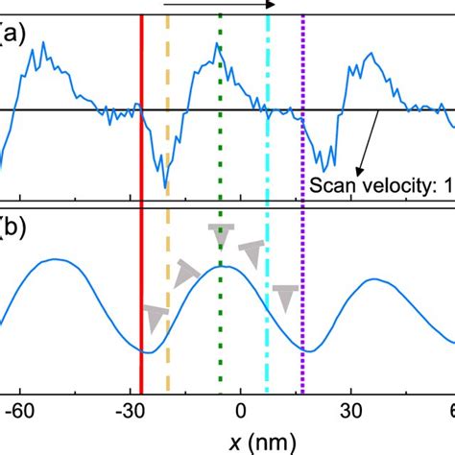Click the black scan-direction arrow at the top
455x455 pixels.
pyautogui.click(x=220, y=5)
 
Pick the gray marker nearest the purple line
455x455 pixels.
pyautogui.click(x=284, y=297)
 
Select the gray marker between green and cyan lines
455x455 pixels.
pyautogui.click(x=251, y=254)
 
